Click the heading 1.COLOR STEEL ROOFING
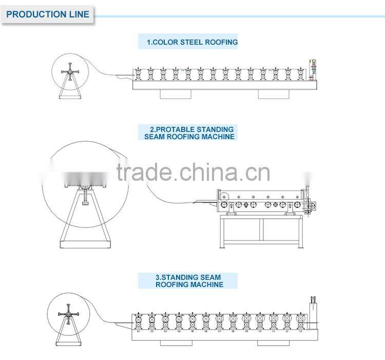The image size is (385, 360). pos(188,42)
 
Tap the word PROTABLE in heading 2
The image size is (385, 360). pos(180,129)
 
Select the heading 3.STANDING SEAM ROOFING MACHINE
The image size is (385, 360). pos(189,280)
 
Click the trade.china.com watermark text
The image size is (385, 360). pos(192,173)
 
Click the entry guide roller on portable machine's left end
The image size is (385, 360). pos(223,196)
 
